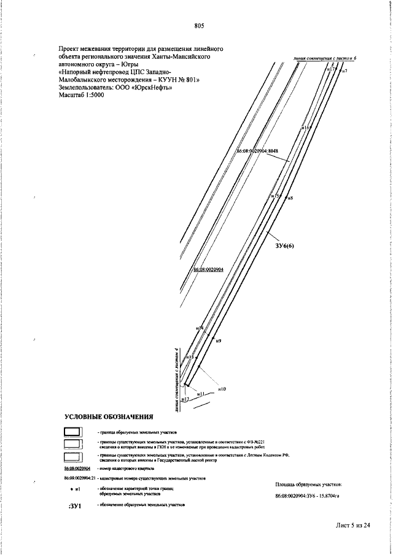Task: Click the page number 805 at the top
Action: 198,25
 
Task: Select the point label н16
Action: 307,128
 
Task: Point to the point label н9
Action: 219,340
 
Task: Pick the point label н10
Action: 222,389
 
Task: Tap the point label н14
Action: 200,329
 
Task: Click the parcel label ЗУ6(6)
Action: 286,246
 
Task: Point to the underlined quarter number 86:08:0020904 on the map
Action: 208,270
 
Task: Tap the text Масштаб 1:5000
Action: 81,95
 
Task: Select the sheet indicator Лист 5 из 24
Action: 353,526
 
